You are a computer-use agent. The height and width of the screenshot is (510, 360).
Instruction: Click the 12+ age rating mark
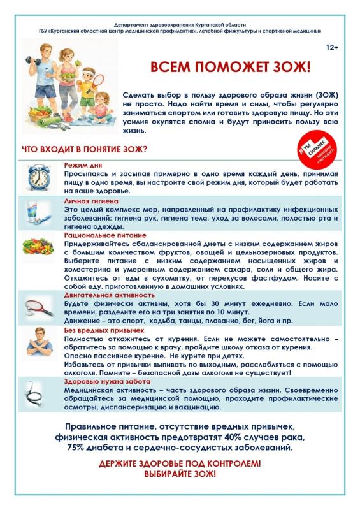(331, 48)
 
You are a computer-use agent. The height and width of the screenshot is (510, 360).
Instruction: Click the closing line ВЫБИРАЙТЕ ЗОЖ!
(180, 475)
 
